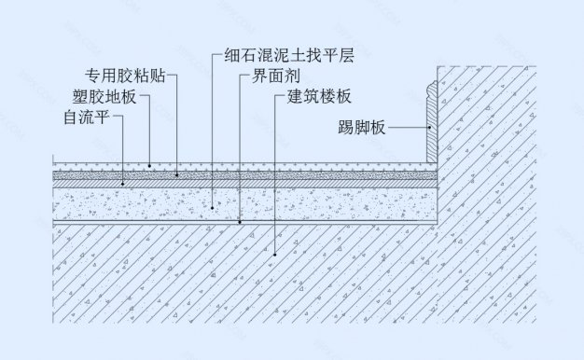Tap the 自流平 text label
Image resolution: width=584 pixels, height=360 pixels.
coord(86,118)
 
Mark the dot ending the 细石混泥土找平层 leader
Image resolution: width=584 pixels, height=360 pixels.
coord(212,207)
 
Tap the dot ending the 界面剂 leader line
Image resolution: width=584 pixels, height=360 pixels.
coord(240,222)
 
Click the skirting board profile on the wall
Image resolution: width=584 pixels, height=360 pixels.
coord(432,121)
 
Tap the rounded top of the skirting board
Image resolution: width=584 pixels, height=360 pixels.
coord(431,85)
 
